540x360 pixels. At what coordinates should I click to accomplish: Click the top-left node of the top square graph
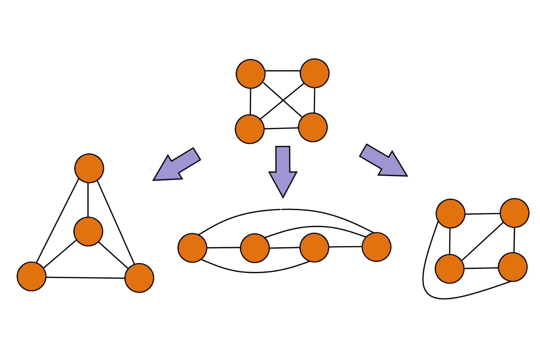click(251, 74)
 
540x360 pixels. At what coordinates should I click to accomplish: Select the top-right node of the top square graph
click(315, 73)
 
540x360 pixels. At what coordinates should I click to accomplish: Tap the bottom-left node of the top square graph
click(250, 129)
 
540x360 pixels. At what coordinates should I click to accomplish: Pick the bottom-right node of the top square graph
click(313, 127)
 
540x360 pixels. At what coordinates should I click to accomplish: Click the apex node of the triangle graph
click(89, 168)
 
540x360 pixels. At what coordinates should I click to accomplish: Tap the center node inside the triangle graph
click(88, 231)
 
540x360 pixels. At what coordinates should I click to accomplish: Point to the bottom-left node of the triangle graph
click(32, 276)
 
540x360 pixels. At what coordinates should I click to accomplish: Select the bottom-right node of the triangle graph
click(139, 278)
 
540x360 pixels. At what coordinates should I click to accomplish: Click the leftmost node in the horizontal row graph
click(193, 248)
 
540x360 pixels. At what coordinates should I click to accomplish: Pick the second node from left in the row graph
click(255, 248)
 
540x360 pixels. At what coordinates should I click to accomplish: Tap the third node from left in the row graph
click(314, 247)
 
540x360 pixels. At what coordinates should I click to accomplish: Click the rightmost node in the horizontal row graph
click(377, 247)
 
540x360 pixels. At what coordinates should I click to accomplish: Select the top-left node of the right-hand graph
click(450, 213)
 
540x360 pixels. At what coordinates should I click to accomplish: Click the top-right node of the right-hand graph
click(515, 213)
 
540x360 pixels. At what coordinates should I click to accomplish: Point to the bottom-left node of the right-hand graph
click(450, 269)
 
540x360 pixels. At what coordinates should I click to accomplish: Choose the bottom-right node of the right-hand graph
click(513, 267)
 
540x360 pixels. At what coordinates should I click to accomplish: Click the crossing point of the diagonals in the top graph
click(283, 100)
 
